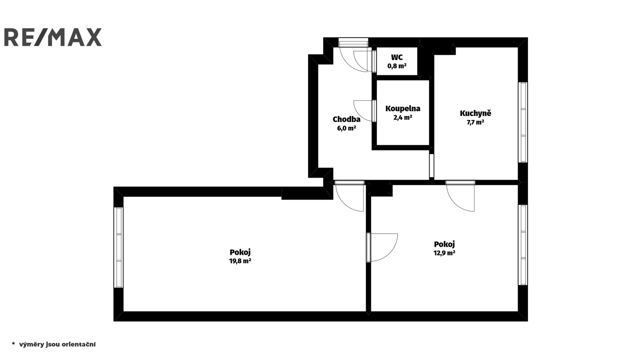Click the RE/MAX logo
[53, 37]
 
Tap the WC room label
[397, 58]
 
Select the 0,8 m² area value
[397, 66]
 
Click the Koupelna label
[403, 108]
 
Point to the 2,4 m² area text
[403, 117]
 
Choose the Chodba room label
[346, 119]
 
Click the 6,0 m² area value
[346, 128]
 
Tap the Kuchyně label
[476, 113]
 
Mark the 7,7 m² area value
[476, 122]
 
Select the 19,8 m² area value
[240, 261]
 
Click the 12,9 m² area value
[444, 253]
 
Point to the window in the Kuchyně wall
[523, 122]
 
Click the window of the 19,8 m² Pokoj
[118, 248]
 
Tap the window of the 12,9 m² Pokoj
[523, 245]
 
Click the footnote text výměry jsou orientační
[58, 344]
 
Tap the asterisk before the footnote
[13, 344]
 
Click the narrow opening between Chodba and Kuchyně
[432, 166]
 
